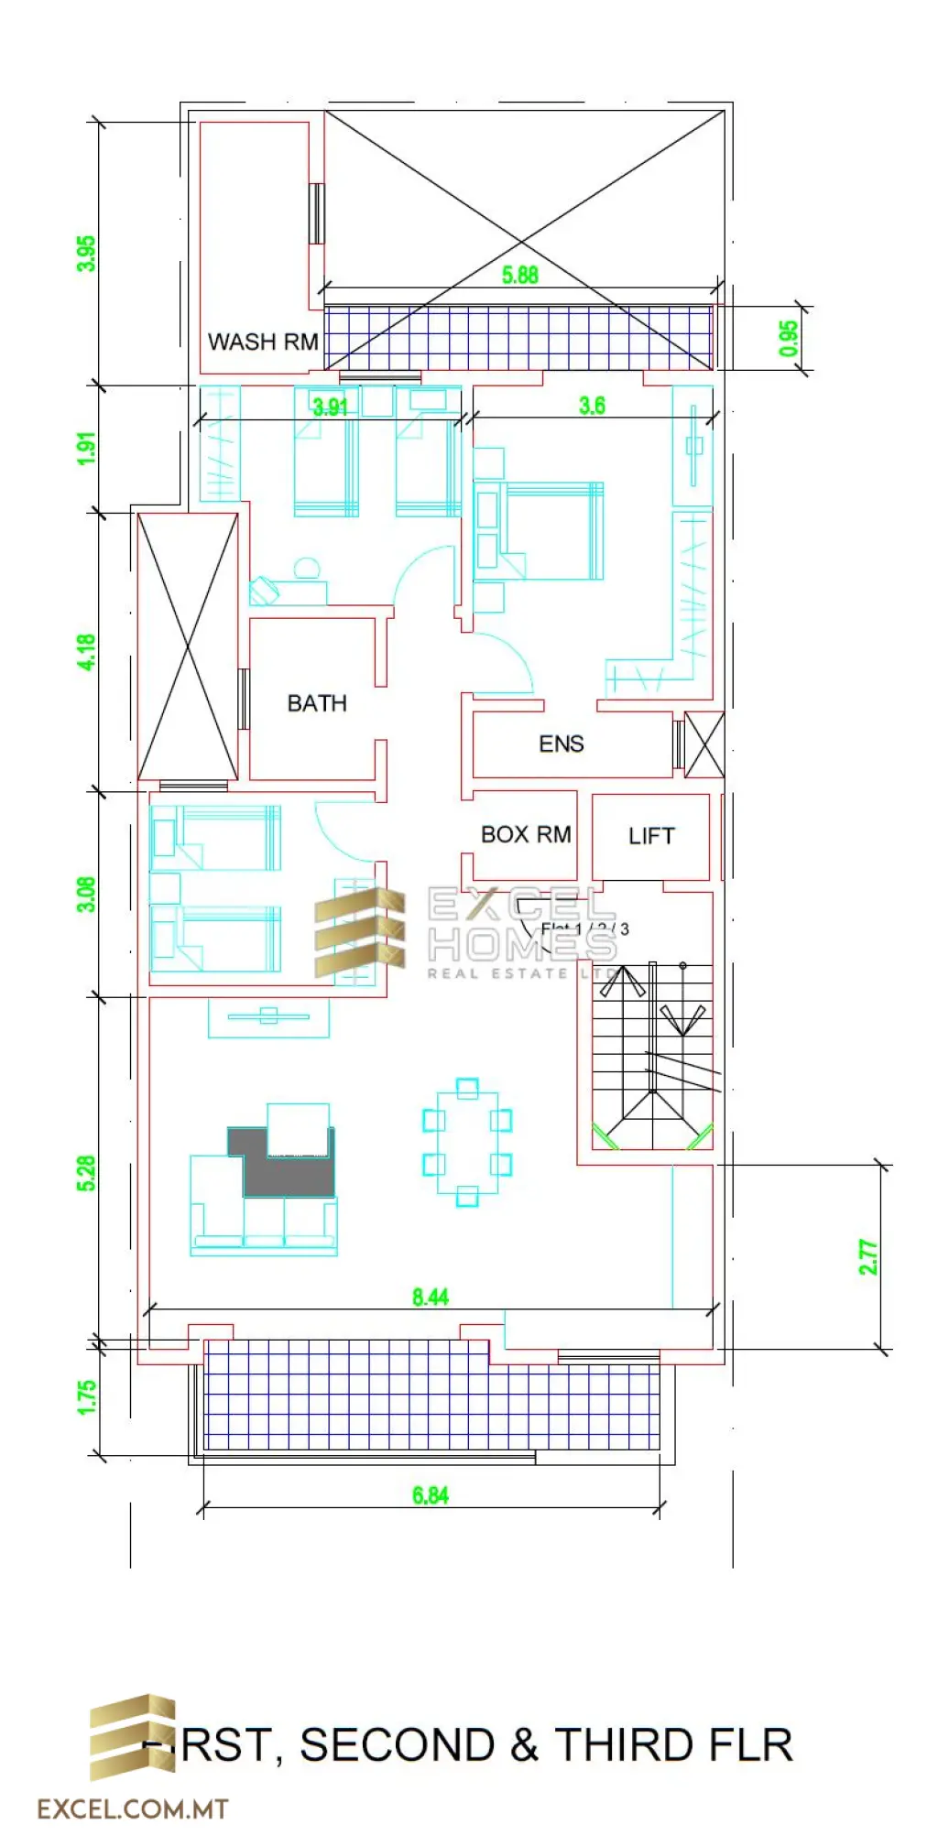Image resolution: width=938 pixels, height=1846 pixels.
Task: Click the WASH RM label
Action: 263,342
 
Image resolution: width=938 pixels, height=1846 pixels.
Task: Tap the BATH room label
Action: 317,703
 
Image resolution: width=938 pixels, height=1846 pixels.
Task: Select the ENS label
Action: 561,744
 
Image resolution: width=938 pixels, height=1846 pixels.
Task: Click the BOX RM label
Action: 526,834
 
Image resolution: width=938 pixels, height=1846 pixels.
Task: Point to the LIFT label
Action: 651,836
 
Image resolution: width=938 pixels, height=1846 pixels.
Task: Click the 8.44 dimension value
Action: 431,1297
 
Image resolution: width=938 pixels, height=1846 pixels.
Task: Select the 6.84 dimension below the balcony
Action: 431,1495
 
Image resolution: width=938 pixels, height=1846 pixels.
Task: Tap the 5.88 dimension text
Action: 520,275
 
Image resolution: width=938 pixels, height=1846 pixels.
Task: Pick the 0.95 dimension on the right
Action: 789,338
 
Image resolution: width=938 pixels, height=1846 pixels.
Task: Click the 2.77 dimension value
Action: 868,1257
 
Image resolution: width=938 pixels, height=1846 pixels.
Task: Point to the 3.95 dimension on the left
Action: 86,254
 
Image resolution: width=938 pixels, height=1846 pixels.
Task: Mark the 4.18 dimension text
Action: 86,652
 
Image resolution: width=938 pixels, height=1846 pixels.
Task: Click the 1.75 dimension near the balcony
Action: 86,1397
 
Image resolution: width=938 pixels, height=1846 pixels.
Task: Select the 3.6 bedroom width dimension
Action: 592,406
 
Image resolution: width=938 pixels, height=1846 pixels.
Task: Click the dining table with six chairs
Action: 467,1142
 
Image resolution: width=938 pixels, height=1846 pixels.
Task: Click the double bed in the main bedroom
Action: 554,531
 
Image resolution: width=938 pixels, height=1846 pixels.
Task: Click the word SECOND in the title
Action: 397,1744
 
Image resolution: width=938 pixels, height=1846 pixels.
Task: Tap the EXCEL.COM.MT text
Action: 132,1808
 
